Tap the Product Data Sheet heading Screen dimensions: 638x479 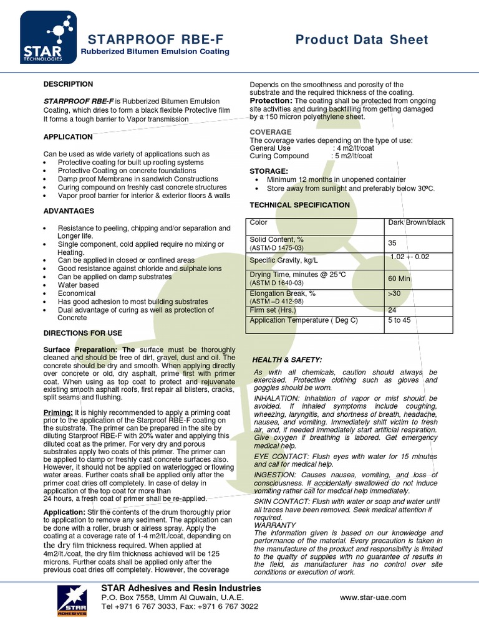tap(362, 40)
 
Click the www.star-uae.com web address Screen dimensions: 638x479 tap(373, 597)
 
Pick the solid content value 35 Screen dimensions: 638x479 tap(392, 243)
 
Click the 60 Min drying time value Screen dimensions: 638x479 tap(399, 279)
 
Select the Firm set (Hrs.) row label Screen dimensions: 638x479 tap(273, 310)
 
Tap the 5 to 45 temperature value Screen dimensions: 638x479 tap(399, 320)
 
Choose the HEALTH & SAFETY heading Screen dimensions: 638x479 tap(287, 360)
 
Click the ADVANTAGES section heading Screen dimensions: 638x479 tap(69, 211)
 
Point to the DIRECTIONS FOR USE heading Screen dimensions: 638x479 tap(83, 333)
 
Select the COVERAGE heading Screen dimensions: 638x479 tap(271, 132)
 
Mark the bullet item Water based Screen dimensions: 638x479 tap(79, 285)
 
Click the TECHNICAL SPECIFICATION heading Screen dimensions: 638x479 tap(300, 205)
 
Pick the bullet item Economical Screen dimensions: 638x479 tap(77, 293)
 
